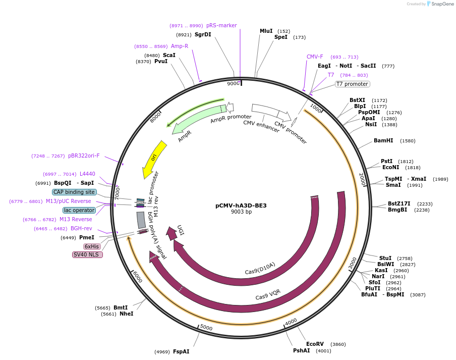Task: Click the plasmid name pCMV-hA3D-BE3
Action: pyautogui.click(x=241, y=205)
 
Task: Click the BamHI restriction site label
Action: pyautogui.click(x=383, y=141)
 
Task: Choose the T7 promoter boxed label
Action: pyautogui.click(x=352, y=84)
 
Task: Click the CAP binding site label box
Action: pyautogui.click(x=74, y=192)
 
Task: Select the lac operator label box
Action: pyautogui.click(x=79, y=210)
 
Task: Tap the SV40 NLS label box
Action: pyautogui.click(x=87, y=254)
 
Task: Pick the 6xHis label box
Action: pyautogui.click(x=92, y=246)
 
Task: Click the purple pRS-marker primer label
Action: pyautogui.click(x=221, y=26)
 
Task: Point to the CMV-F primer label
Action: pyautogui.click(x=315, y=57)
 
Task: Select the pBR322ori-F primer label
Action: pyautogui.click(x=84, y=156)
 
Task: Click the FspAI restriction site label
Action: pyautogui.click(x=181, y=351)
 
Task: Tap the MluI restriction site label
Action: pyautogui.click(x=266, y=31)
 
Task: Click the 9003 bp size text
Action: pyautogui.click(x=241, y=212)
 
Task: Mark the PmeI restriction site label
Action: pyautogui.click(x=86, y=237)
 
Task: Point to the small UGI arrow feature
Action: pyautogui.click(x=172, y=233)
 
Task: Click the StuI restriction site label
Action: pyautogui.click(x=385, y=258)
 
